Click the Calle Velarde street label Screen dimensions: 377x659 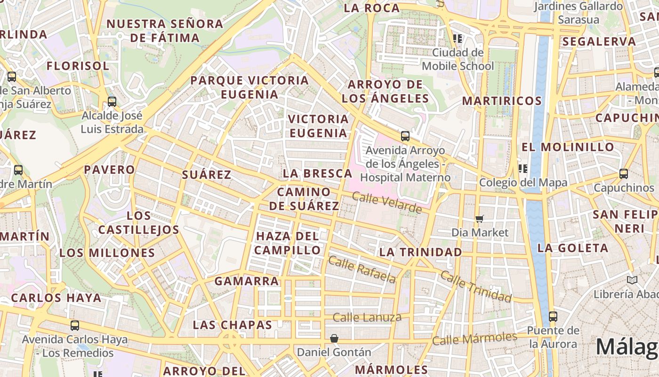coord(386,202)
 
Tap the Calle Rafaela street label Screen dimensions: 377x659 coord(362,269)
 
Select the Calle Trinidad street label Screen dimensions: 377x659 coord(476,287)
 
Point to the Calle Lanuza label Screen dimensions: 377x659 coord(367,317)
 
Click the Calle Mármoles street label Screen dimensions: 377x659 coord(474,338)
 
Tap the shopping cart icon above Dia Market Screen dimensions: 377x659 coord(480,219)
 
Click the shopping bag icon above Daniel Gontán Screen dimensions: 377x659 coord(334,338)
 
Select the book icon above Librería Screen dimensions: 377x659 coord(632,280)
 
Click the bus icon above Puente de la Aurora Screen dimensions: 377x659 coord(553,316)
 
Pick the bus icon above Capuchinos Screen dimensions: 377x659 coord(624,174)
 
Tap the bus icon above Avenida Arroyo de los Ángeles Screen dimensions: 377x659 coord(405,137)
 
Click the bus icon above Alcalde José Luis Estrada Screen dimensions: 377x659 coord(112,101)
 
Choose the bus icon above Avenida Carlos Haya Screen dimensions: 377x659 coord(75,325)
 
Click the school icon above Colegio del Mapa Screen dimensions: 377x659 coord(522,168)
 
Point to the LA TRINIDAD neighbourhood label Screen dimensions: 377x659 coord(420,252)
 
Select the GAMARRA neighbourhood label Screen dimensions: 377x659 coord(247,281)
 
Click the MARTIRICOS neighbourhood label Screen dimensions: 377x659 coord(502,101)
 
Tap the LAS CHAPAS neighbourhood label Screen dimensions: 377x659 coord(233,325)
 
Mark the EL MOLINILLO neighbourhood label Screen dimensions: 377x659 coord(568,147)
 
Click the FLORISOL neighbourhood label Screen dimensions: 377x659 coord(78,66)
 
